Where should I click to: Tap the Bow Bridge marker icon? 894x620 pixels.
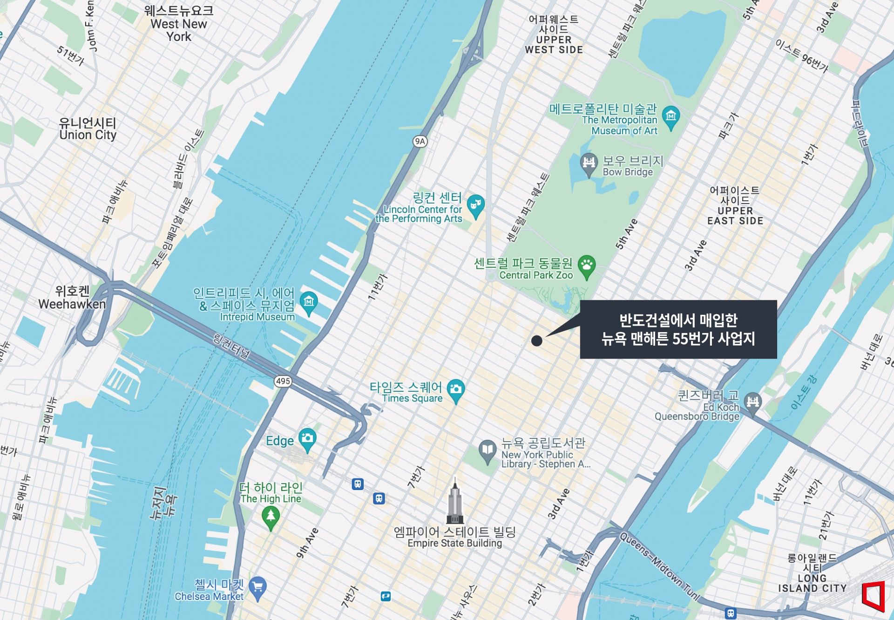[589, 163]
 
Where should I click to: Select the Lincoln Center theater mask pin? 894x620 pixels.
[475, 205]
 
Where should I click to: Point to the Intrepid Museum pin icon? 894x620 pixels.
[309, 302]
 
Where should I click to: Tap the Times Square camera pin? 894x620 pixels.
[455, 389]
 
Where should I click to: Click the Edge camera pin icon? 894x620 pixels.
[307, 438]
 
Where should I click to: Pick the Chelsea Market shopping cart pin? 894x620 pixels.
[257, 587]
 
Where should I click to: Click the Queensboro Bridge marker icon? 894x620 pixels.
[752, 402]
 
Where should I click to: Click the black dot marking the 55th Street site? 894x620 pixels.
[536, 341]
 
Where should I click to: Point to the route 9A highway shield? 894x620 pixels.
[420, 141]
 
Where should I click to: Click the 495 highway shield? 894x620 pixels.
[283, 381]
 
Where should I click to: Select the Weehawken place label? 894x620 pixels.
[72, 298]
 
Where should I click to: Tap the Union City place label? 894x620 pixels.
[88, 129]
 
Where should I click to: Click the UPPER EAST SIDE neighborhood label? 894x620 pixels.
[735, 205]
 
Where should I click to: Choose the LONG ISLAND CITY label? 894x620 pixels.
[812, 573]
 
